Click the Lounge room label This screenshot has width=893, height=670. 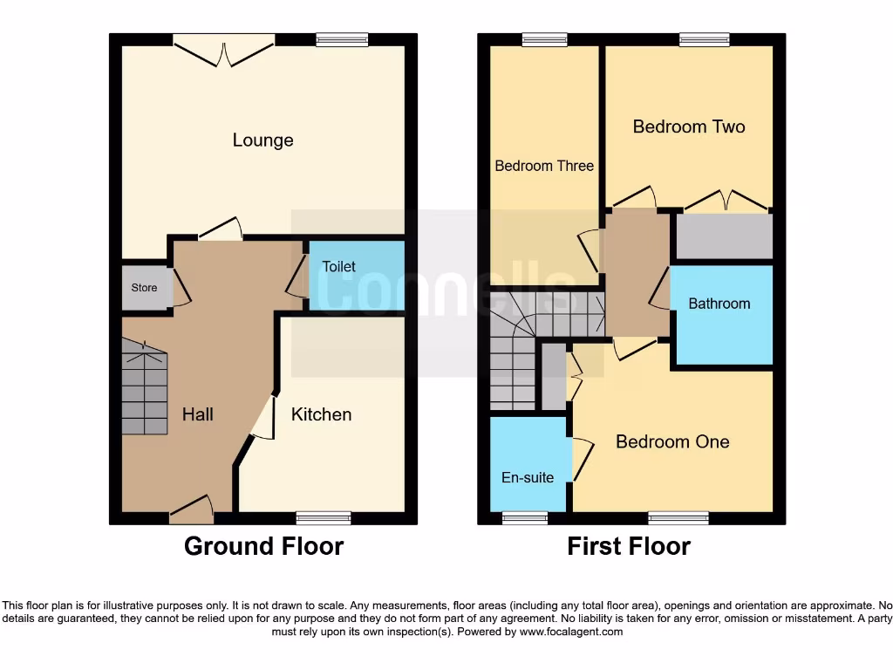point(262,140)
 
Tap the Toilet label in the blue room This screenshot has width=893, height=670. point(338,266)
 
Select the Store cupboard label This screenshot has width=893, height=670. point(144,287)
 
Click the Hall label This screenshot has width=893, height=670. point(197,414)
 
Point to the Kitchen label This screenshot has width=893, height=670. point(321,414)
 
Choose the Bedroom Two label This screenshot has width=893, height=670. point(688,126)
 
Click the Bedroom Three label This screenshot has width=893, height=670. point(544,166)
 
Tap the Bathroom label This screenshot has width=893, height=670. point(719,304)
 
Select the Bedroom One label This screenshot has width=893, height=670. point(672,441)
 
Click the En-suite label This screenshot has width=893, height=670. point(528,477)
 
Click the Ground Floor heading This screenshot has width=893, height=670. point(263,547)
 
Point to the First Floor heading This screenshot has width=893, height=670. point(629,547)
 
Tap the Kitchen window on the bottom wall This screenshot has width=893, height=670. point(324,517)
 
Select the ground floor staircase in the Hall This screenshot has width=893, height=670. point(143,388)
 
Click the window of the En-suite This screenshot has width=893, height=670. point(526,517)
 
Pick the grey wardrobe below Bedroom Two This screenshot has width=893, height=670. point(724,236)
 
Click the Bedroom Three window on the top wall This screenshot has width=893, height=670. point(544,39)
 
